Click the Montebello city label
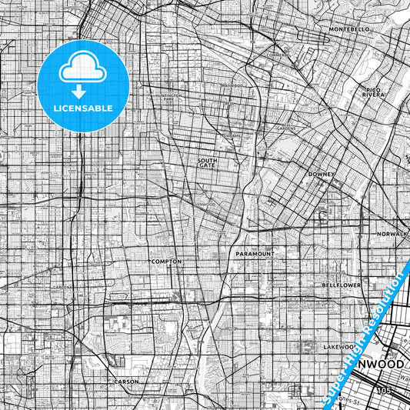[x=349, y=29]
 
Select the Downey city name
[x=321, y=175]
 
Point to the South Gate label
[x=208, y=162]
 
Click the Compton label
[x=167, y=262]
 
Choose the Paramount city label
[x=255, y=252]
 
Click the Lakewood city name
[x=338, y=347]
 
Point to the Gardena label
[x=62, y=287]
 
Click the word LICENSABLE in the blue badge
[x=82, y=108]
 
